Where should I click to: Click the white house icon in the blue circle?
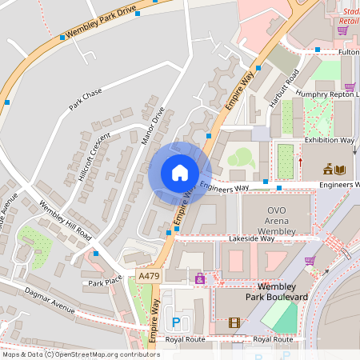180,173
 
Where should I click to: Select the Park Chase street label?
86,99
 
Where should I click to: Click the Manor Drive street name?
152,126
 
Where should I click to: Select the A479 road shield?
147,276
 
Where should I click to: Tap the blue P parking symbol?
176,322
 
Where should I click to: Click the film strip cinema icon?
234,322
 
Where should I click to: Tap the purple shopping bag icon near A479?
199,278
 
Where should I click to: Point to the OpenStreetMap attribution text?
80,354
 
